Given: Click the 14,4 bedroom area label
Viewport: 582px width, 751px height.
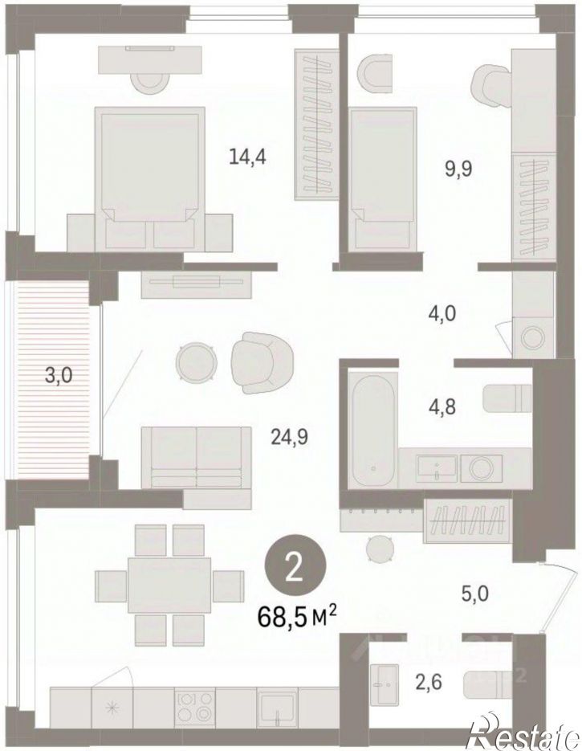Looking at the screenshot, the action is [247, 156].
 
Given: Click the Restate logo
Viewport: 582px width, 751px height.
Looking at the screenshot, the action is [525, 729].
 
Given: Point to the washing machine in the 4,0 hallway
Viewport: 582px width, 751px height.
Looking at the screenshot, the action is [533, 337].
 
